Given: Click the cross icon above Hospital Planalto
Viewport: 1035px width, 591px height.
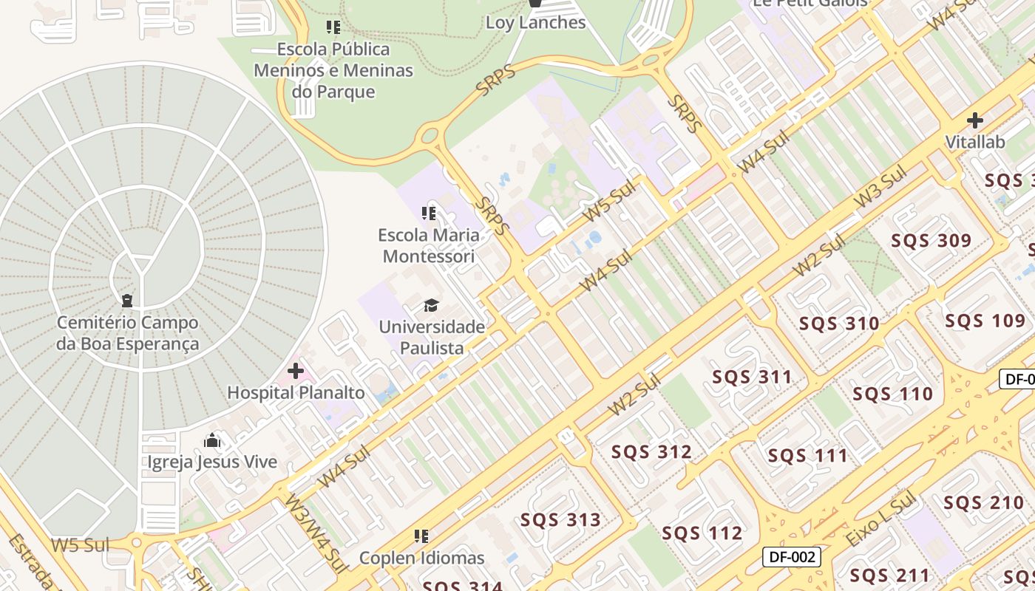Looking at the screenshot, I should [x=296, y=370].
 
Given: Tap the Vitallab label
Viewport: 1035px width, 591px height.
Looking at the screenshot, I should [x=975, y=142].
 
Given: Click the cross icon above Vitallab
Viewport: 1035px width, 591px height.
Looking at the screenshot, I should [x=975, y=120].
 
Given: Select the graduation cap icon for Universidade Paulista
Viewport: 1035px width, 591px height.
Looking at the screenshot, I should [x=431, y=305].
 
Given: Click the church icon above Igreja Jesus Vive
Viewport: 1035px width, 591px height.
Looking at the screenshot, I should [x=213, y=441].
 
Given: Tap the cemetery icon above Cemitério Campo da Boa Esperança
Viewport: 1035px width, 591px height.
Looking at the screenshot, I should [x=127, y=301].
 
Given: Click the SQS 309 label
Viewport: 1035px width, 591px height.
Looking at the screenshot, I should [x=931, y=241].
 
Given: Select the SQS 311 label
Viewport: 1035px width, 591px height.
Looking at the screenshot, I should [x=752, y=378].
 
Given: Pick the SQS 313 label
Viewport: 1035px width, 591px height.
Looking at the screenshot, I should [x=560, y=520].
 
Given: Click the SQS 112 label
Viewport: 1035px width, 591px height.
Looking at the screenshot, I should [x=702, y=533].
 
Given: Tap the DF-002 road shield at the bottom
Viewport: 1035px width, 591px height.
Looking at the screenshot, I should [x=791, y=557].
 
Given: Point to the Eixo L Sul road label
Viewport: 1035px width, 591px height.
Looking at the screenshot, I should [x=880, y=522].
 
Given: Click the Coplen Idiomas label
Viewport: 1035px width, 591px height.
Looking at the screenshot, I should [x=421, y=558].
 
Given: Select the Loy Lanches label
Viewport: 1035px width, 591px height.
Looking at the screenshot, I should [x=535, y=23].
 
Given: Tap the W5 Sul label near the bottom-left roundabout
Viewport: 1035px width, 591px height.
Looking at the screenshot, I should [x=80, y=546].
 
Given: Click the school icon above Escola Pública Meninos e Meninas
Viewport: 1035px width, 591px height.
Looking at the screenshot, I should [x=333, y=27].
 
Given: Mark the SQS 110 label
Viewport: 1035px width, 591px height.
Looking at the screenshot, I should [x=892, y=394].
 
